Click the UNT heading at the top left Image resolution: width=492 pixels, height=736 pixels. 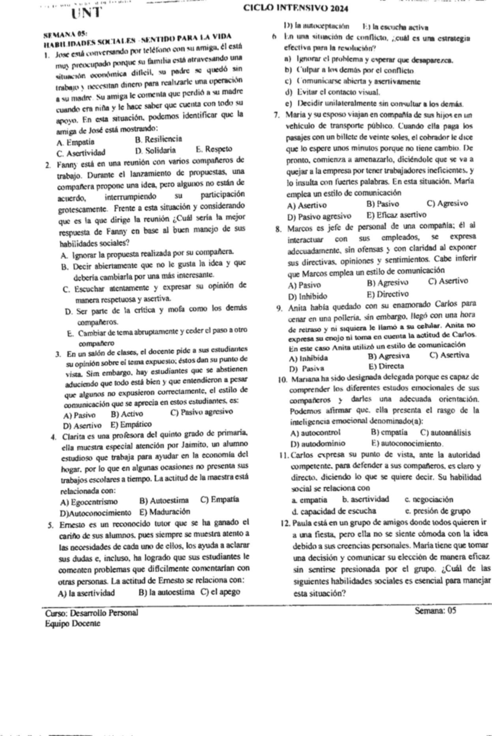(x=86, y=12)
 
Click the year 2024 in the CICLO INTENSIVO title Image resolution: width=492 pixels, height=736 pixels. (x=328, y=9)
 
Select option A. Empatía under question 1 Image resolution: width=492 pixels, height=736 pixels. (x=75, y=142)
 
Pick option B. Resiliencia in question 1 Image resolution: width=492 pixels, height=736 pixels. (x=158, y=139)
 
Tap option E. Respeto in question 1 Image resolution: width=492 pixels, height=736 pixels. (x=214, y=149)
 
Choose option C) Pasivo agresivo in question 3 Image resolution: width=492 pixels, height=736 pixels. (x=201, y=412)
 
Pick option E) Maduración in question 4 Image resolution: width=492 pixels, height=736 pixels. (x=165, y=511)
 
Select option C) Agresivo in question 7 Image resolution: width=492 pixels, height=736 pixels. (x=447, y=203)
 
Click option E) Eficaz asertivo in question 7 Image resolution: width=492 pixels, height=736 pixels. (x=396, y=215)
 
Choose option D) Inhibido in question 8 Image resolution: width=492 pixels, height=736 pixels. (x=307, y=296)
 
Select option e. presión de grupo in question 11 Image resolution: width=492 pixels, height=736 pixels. (x=437, y=511)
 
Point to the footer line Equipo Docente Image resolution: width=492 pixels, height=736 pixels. (x=73, y=623)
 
